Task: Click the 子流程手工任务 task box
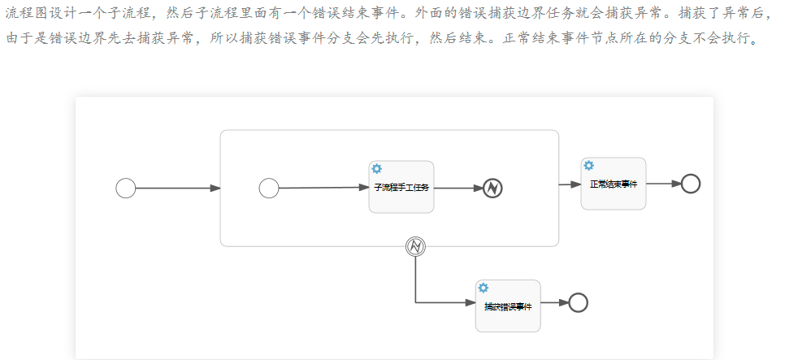point(401,187)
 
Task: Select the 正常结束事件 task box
point(613,184)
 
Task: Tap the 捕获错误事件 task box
point(508,306)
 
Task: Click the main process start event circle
point(125,189)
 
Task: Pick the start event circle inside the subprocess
point(269,189)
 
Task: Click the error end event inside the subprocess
point(492,188)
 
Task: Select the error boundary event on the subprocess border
point(415,245)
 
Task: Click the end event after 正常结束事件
point(690,184)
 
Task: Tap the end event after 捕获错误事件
point(578,302)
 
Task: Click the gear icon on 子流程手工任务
point(377,169)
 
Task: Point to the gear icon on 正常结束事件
point(589,166)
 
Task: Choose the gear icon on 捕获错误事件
point(484,288)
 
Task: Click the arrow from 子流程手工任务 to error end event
point(458,188)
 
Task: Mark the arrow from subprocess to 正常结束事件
point(570,184)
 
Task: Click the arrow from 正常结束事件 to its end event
point(663,184)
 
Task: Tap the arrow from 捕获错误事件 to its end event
point(554,302)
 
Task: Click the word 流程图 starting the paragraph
point(22,14)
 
